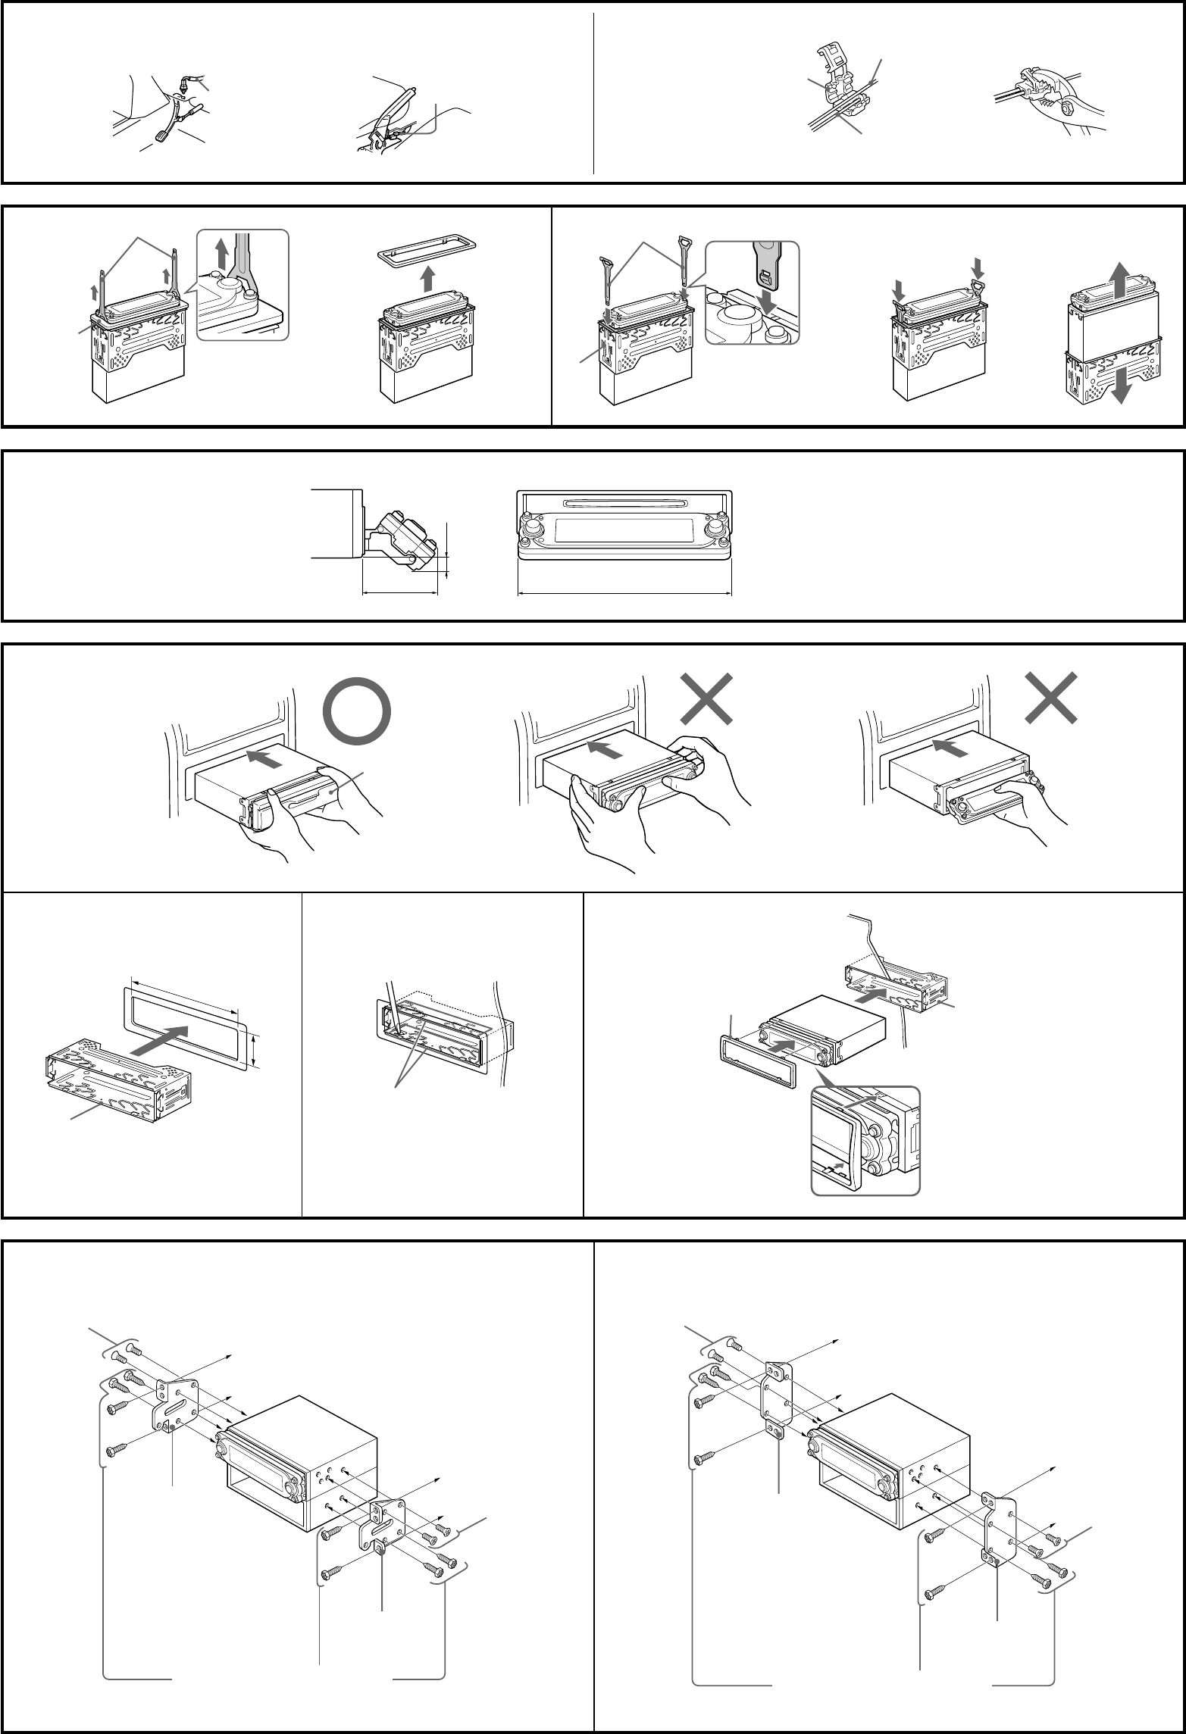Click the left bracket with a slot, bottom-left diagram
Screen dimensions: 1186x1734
point(177,1404)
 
